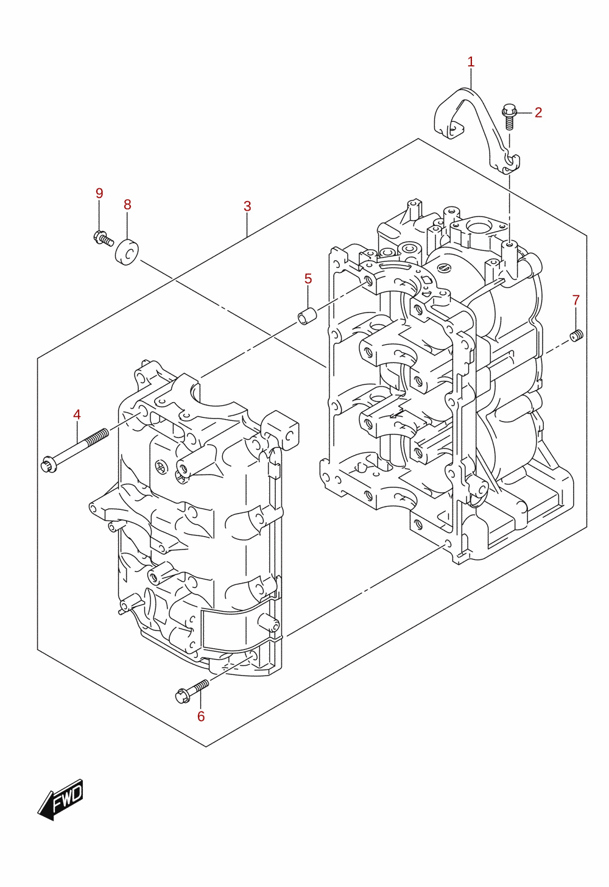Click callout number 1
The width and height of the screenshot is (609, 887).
tap(471, 62)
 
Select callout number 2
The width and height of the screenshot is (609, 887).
tap(538, 113)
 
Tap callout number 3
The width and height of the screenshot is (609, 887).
tap(247, 207)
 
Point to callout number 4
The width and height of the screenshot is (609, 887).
tap(77, 415)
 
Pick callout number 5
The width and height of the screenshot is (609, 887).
tap(308, 279)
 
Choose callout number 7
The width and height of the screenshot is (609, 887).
tap(576, 300)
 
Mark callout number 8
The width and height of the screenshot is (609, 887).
tap(127, 205)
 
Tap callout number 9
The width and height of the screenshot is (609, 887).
tap(99, 193)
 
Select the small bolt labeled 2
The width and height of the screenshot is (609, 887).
tap(509, 116)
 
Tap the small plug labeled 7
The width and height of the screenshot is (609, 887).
tap(577, 336)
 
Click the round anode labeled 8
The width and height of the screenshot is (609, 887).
tap(127, 252)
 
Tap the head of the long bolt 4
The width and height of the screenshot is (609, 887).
tap(49, 464)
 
